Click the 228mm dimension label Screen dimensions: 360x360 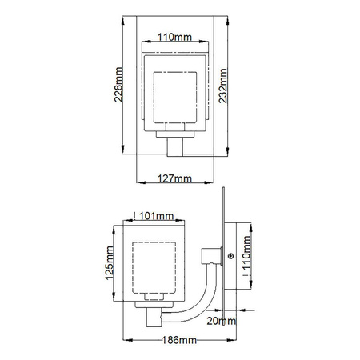coord(118,84)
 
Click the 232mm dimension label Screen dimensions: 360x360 coord(223,86)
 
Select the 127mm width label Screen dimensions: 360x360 coord(174,178)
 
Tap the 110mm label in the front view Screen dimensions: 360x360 coord(174,37)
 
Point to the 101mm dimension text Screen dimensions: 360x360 coord(157,216)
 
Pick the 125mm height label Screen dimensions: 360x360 coord(110,263)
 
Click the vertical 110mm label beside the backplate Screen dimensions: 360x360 coord(246,252)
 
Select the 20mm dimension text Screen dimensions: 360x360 coord(222,321)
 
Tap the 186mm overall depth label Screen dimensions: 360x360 coord(179,340)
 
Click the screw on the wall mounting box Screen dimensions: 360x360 coord(231,256)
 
